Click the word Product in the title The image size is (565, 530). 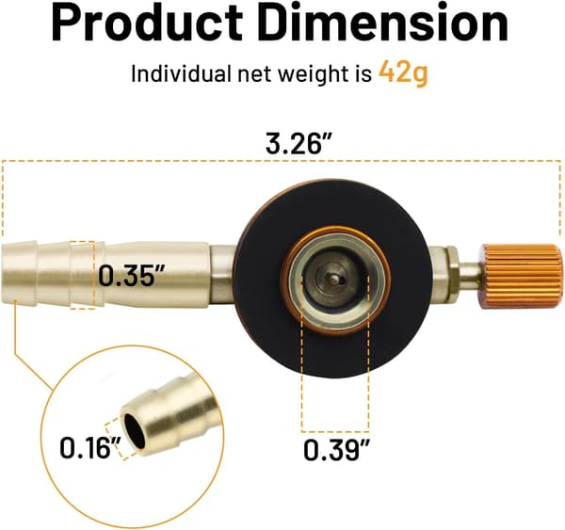pyautogui.click(x=147, y=23)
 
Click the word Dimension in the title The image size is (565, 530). pyautogui.click(x=383, y=23)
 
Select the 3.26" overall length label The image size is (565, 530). pyautogui.click(x=298, y=143)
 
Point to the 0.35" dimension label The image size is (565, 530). pyautogui.click(x=132, y=275)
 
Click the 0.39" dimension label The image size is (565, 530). pyautogui.click(x=336, y=450)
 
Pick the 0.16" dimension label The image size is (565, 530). pyautogui.click(x=90, y=447)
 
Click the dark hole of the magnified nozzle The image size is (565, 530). pyautogui.click(x=135, y=430)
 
